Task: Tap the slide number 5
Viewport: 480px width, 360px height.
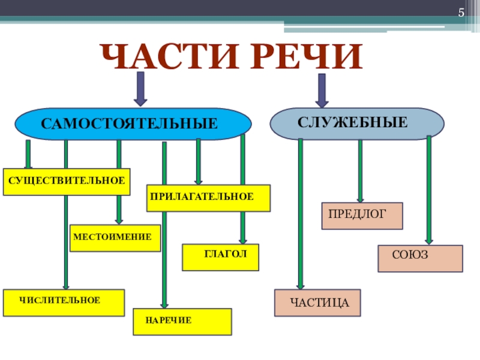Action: pos(461,13)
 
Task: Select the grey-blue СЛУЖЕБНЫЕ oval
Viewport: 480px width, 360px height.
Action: pos(357,124)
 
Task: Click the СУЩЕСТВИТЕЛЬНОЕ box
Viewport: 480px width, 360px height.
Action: pos(67,181)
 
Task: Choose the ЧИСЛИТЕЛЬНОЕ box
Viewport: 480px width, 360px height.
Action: pos(64,302)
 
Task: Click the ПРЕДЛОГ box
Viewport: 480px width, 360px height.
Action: pos(362,216)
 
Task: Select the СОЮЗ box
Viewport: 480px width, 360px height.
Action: pos(420,258)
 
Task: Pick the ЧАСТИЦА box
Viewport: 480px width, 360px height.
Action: pos(318,303)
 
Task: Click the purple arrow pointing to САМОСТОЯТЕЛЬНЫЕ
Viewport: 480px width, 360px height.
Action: pos(140,88)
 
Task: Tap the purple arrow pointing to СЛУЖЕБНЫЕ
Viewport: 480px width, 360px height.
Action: pos(322,88)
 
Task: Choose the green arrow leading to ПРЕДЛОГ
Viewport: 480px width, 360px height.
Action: pos(360,170)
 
